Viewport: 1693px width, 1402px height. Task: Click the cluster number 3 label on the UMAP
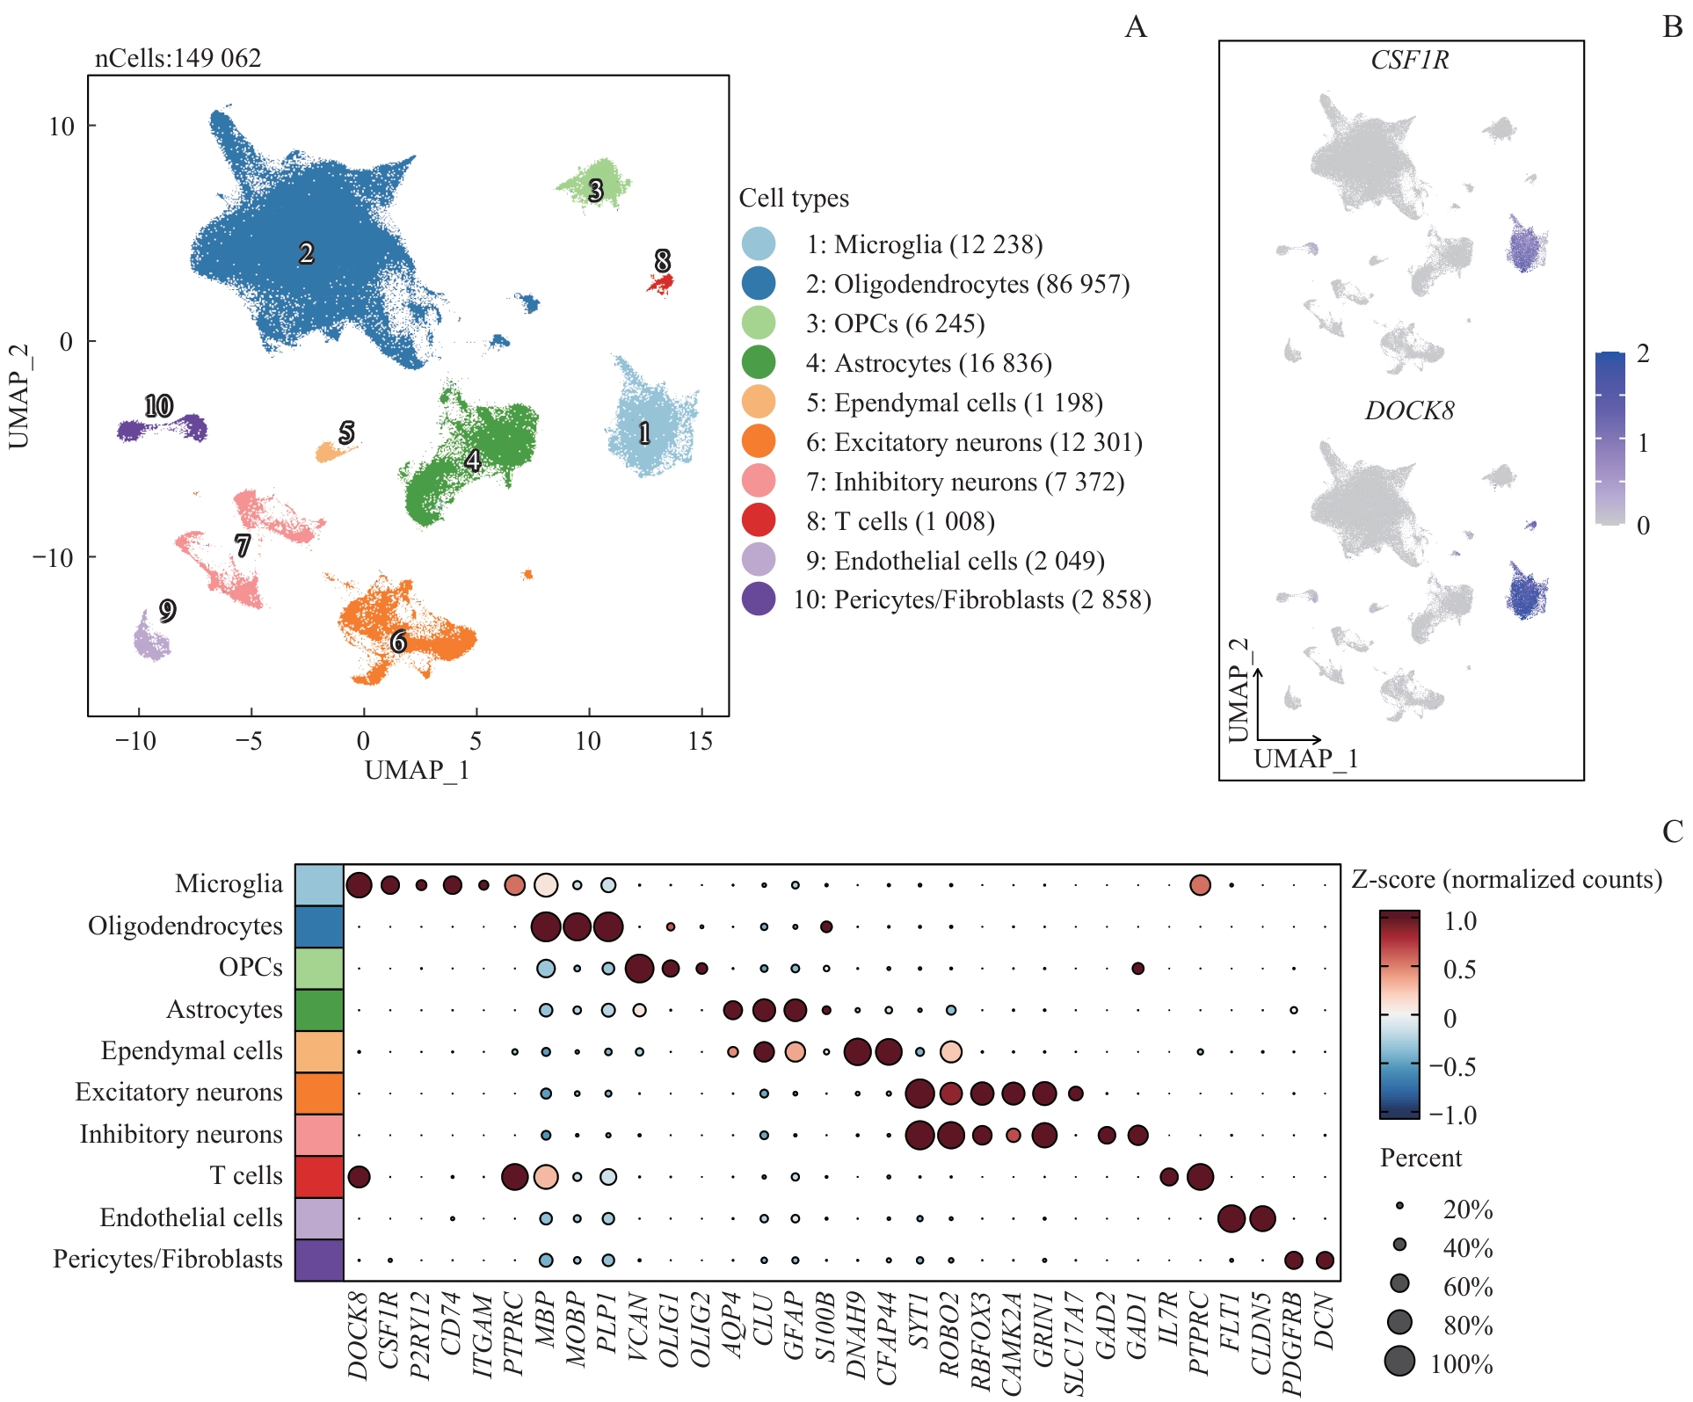pos(596,190)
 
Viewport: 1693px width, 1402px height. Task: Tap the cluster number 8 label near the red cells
pos(663,260)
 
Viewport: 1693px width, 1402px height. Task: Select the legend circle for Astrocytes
pos(759,362)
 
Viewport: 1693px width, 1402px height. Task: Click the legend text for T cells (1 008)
pos(900,521)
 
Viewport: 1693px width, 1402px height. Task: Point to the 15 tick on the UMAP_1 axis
pos(700,741)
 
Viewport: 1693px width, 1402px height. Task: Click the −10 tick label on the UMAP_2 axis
pos(53,557)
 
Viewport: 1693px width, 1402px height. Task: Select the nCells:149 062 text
pos(178,58)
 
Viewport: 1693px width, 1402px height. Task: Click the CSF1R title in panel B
pos(1409,60)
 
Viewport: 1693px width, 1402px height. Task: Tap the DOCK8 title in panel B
pos(1409,410)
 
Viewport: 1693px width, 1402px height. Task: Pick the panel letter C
pos(1672,832)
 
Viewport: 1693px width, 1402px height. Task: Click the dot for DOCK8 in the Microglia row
pos(359,885)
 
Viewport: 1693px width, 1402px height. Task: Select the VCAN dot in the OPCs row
pos(639,969)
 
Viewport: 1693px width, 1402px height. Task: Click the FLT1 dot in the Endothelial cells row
pos(1231,1218)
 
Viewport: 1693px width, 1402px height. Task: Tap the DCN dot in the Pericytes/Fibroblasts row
pos(1325,1260)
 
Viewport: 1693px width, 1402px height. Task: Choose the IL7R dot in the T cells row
pos(1169,1177)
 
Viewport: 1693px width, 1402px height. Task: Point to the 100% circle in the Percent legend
pos(1400,1361)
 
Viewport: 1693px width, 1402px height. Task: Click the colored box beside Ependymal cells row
pos(319,1051)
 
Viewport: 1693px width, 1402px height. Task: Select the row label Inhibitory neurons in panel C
pos(181,1134)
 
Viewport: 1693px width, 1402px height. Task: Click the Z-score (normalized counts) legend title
pos(1507,879)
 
